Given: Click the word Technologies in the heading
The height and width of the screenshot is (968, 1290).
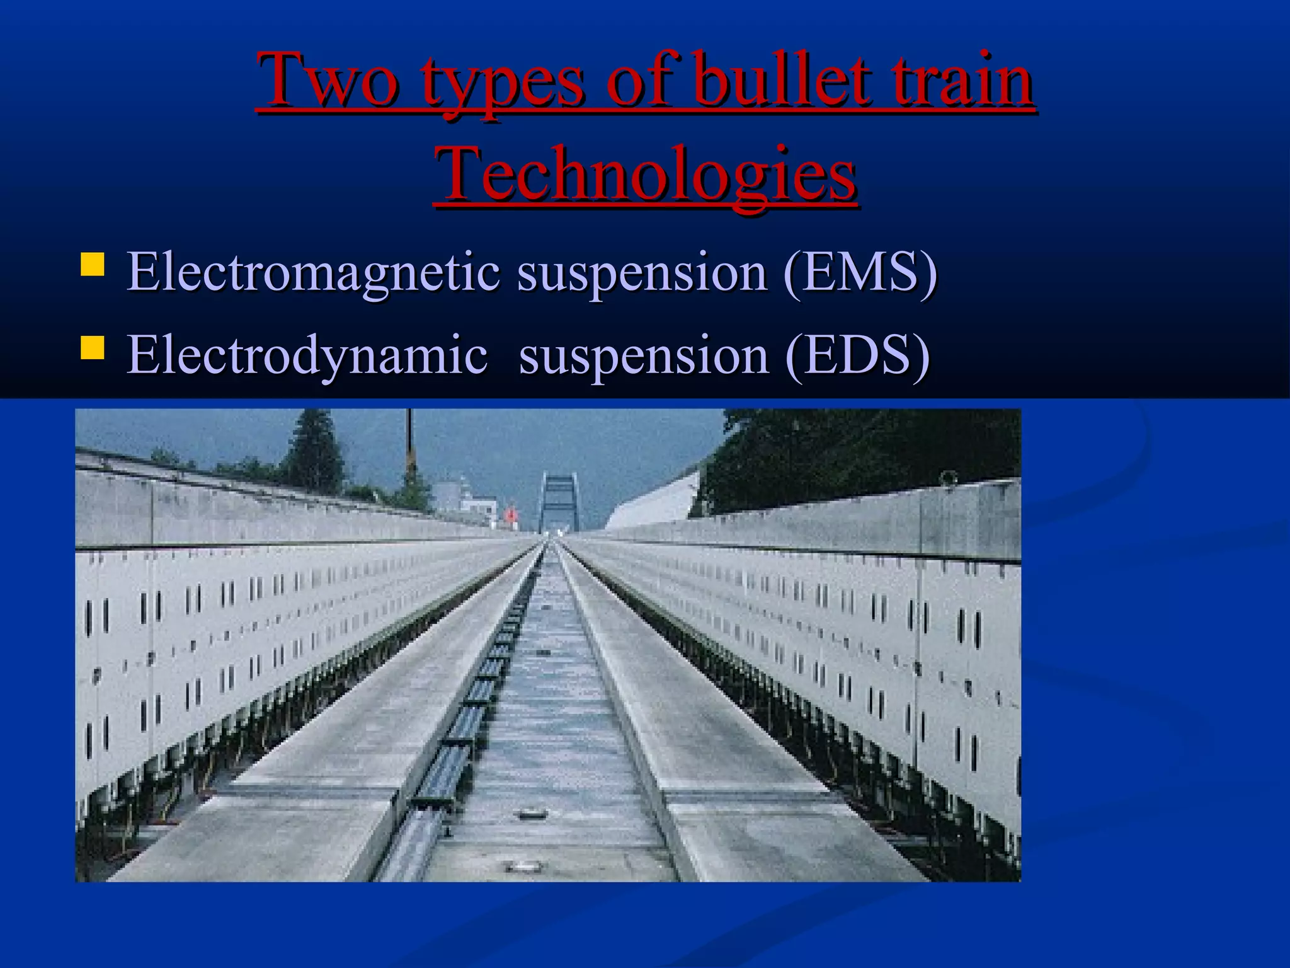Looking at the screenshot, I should tap(645, 173).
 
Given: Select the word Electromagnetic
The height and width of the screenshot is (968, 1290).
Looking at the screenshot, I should tap(314, 272).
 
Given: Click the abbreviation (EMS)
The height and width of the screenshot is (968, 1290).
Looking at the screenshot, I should tap(860, 272).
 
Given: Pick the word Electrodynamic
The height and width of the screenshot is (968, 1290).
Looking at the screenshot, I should tap(307, 355).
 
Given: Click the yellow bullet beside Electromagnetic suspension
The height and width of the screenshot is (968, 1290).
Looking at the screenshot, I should tap(92, 265).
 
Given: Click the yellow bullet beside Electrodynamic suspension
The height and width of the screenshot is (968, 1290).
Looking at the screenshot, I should tap(92, 347).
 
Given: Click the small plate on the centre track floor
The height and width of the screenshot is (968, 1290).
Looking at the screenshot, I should tap(528, 815).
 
